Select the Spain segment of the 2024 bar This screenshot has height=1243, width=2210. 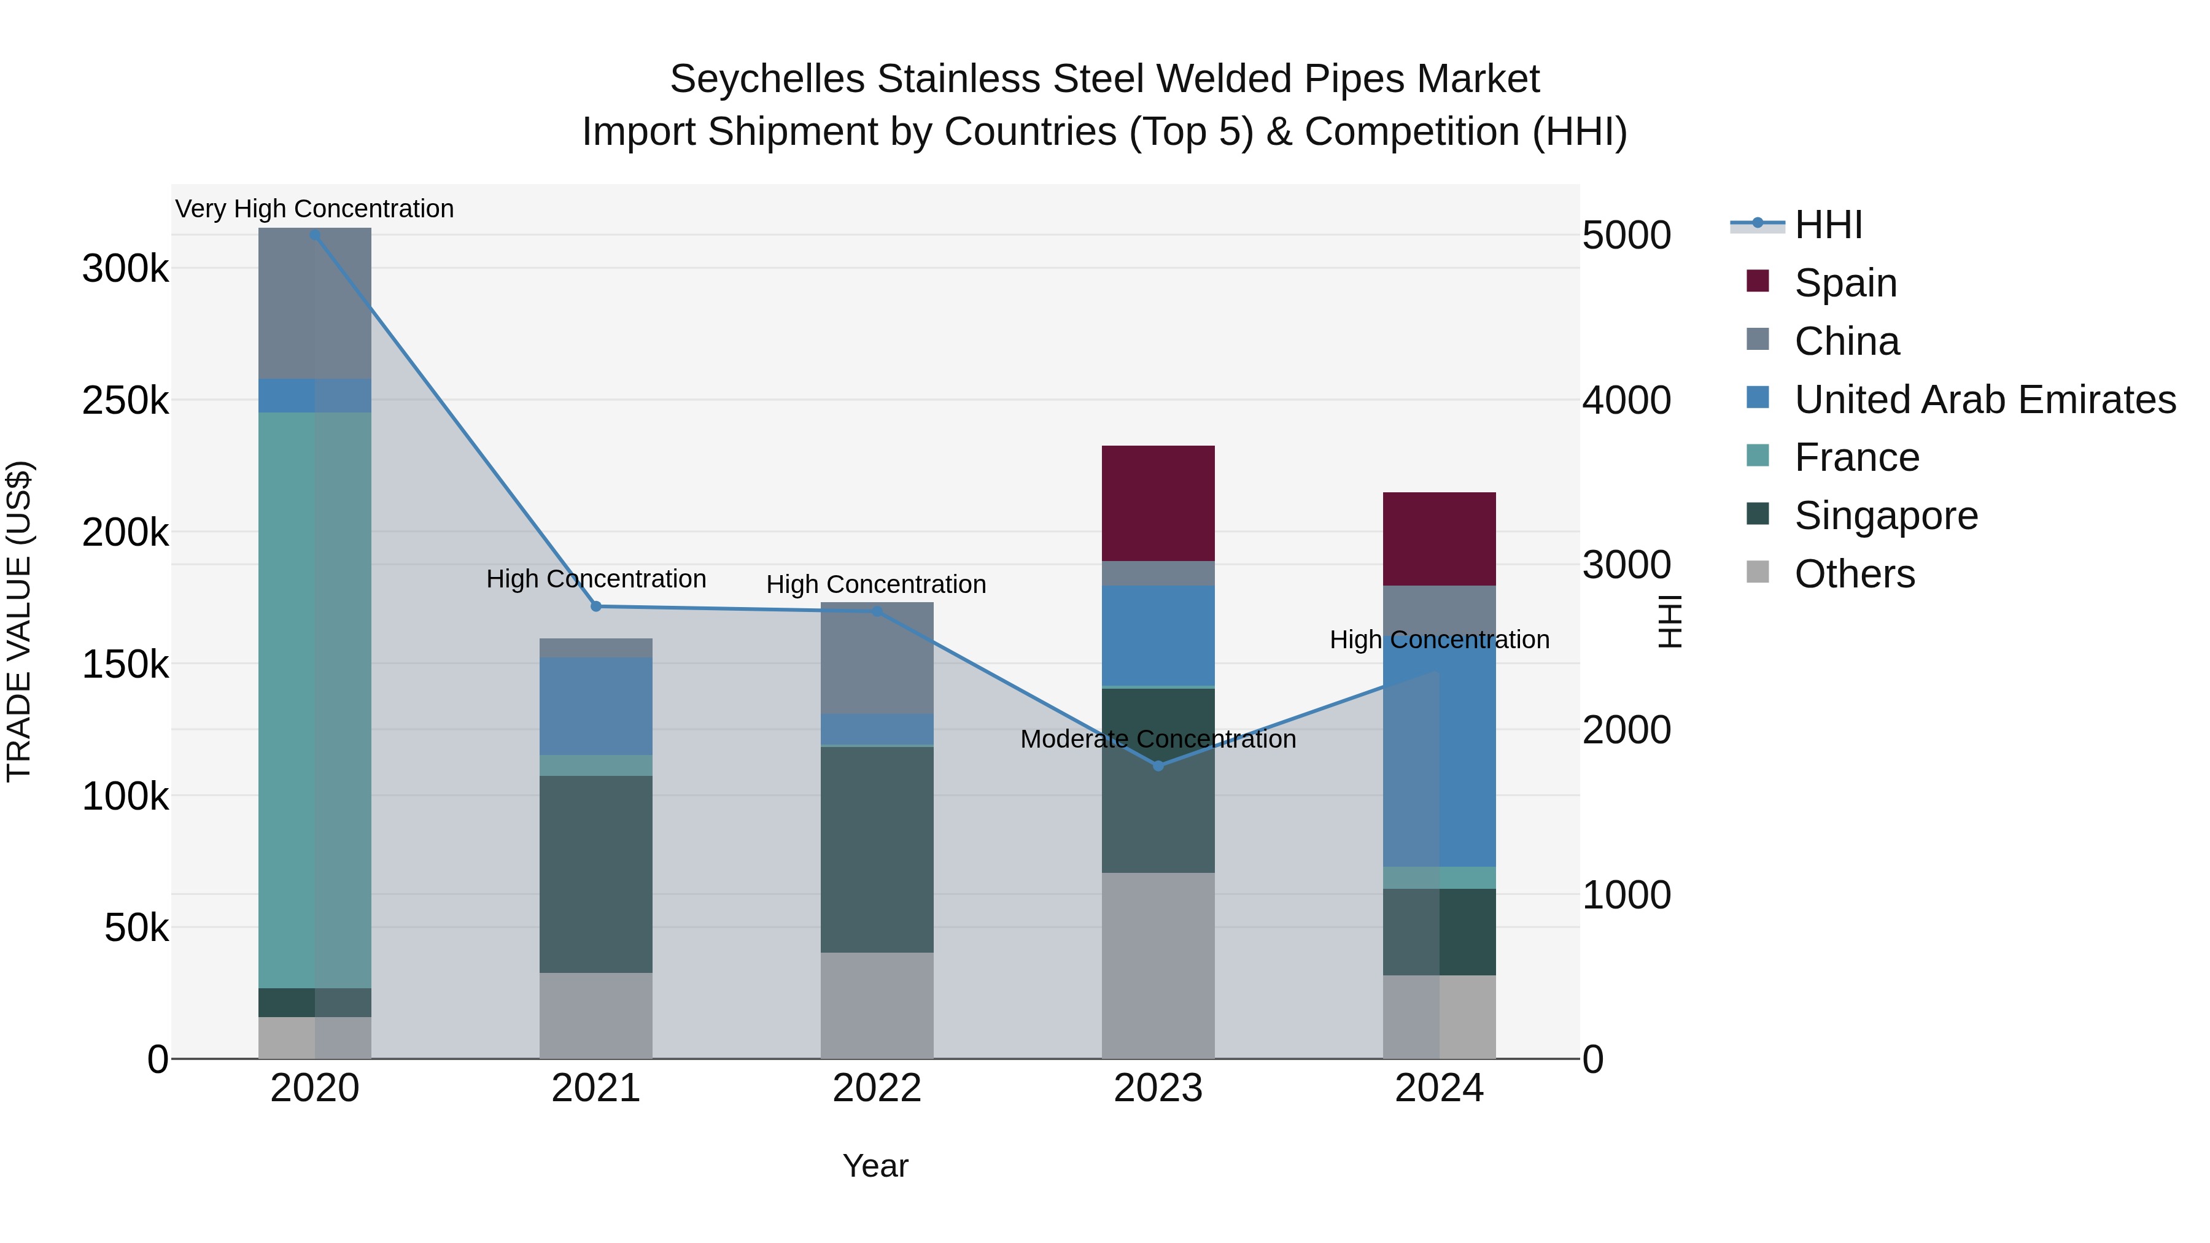pyautogui.click(x=1439, y=539)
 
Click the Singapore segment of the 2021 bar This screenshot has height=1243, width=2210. pyautogui.click(x=595, y=873)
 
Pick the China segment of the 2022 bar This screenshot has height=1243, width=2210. pyautogui.click(x=877, y=658)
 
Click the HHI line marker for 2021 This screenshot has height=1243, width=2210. pyautogui.click(x=596, y=606)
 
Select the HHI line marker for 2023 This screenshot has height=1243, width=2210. pyautogui.click(x=1158, y=765)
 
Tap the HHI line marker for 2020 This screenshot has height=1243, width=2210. pyautogui.click(x=315, y=234)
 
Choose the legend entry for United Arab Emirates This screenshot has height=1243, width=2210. pyautogui.click(x=1984, y=399)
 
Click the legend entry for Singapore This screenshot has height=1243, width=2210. pyautogui.click(x=1886, y=516)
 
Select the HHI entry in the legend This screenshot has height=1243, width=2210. pyautogui.click(x=1828, y=225)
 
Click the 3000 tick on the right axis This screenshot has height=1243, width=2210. pyautogui.click(x=1626, y=565)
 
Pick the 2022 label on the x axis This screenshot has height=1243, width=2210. pyautogui.click(x=877, y=1088)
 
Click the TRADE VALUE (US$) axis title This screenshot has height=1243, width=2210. pyautogui.click(x=19, y=621)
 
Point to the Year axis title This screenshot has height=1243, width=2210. pyautogui.click(x=875, y=1166)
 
